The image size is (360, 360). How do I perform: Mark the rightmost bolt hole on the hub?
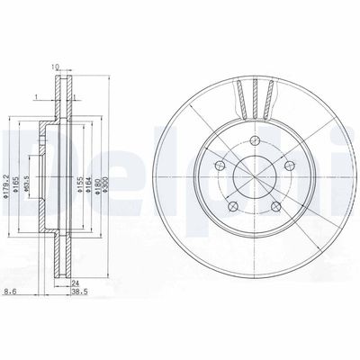289,165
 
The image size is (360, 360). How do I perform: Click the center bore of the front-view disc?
254,175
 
